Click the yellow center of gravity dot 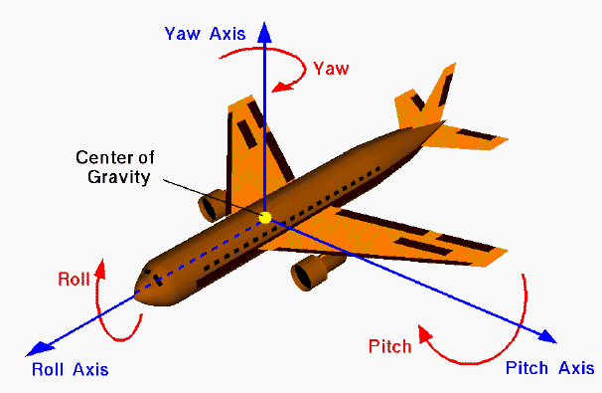(264, 217)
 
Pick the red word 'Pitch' (389, 346)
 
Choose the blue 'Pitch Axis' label (549, 368)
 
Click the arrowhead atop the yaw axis (264, 29)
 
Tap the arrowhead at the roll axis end (37, 348)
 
